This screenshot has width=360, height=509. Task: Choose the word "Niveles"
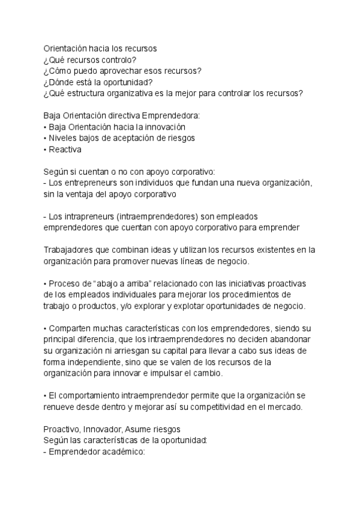(x=62, y=139)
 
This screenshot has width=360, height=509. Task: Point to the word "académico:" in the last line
(x=123, y=453)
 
